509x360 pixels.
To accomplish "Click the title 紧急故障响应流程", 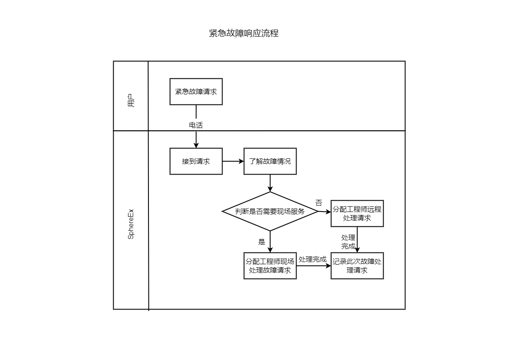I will [x=244, y=33].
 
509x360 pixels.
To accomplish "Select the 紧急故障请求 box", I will [x=196, y=92].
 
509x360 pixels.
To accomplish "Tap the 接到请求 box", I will [x=196, y=161].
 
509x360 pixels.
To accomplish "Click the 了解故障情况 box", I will [x=270, y=161].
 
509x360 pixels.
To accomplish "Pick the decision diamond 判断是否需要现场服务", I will [x=270, y=212].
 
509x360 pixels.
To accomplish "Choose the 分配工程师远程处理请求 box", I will [x=357, y=213].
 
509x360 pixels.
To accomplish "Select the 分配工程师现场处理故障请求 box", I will [x=270, y=266].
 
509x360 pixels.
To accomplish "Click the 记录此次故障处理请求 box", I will [x=357, y=266].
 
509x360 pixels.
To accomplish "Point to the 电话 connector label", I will [x=196, y=125].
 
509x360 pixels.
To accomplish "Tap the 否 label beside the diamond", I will [x=319, y=203].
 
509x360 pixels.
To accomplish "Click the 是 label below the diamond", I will [x=262, y=242].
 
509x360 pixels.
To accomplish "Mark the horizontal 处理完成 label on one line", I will [x=313, y=259].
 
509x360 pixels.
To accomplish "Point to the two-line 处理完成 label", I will [x=348, y=242].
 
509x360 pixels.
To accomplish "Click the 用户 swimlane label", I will [x=131, y=101].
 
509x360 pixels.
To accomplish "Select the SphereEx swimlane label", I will [x=131, y=224].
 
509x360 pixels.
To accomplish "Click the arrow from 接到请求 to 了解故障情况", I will [x=233, y=161].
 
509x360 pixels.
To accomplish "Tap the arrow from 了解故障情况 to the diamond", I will [x=270, y=183].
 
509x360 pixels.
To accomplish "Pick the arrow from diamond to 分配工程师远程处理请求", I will [x=324, y=212].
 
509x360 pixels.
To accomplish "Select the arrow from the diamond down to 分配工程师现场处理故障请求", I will [x=270, y=242].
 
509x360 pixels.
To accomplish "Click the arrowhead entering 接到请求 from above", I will [x=196, y=145].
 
